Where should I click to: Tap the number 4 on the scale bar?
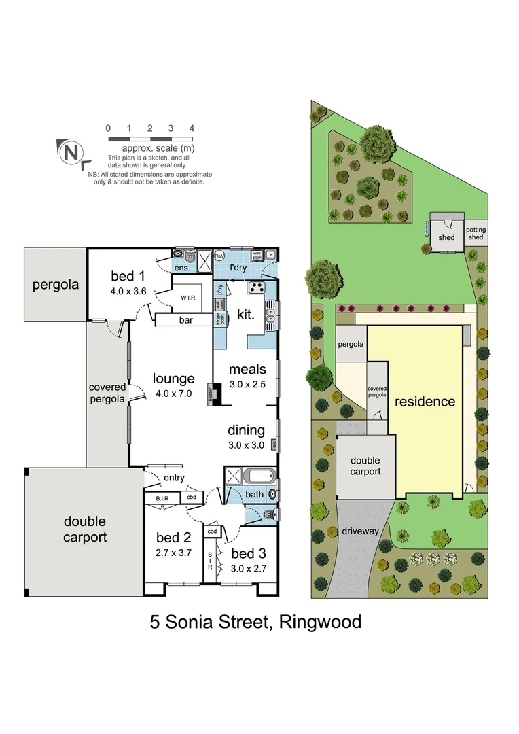[192, 128]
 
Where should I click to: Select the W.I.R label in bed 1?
[188, 298]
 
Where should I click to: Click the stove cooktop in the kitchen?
[256, 287]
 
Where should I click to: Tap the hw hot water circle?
[219, 256]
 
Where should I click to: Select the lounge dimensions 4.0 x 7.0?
[174, 393]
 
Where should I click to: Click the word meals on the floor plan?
[247, 369]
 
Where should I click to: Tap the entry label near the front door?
[173, 478]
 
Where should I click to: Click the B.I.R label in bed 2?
[162, 499]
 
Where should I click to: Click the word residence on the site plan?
[425, 402]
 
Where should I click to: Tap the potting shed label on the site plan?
[476, 233]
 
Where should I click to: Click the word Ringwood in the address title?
[320, 622]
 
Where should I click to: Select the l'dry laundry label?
[238, 268]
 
